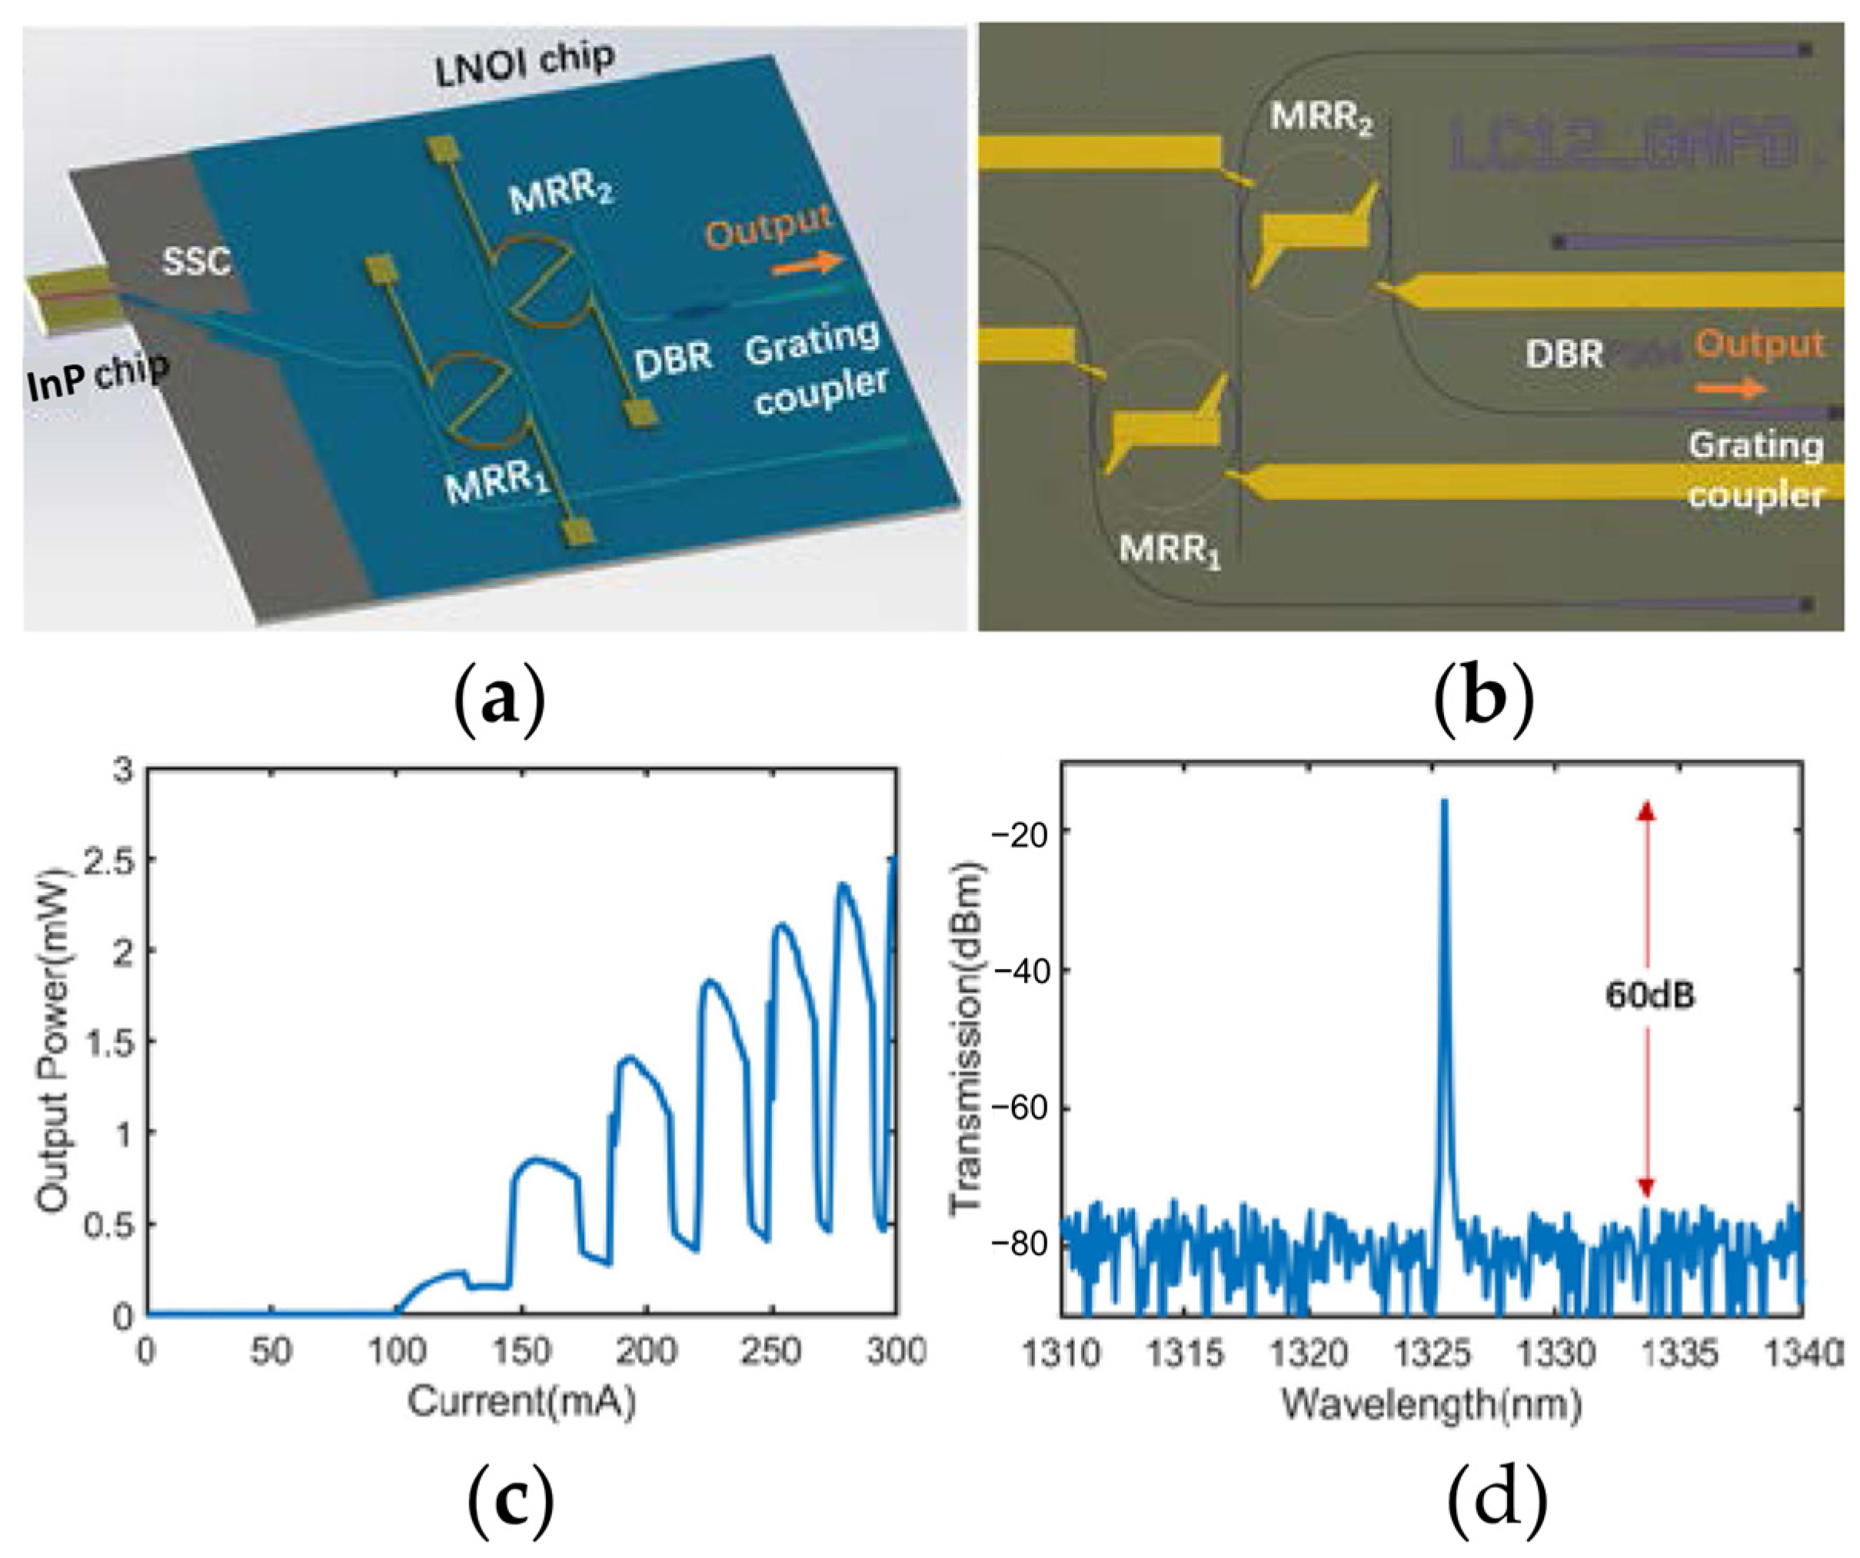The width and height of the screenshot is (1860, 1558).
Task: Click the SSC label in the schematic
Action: tap(197, 261)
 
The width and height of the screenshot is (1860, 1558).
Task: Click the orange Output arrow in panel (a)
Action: tap(807, 263)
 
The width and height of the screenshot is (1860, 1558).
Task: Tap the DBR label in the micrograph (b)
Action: tap(1564, 355)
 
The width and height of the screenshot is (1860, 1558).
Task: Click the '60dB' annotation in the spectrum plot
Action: tap(1650, 996)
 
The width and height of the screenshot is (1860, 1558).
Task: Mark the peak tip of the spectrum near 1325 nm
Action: tap(1444, 801)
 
